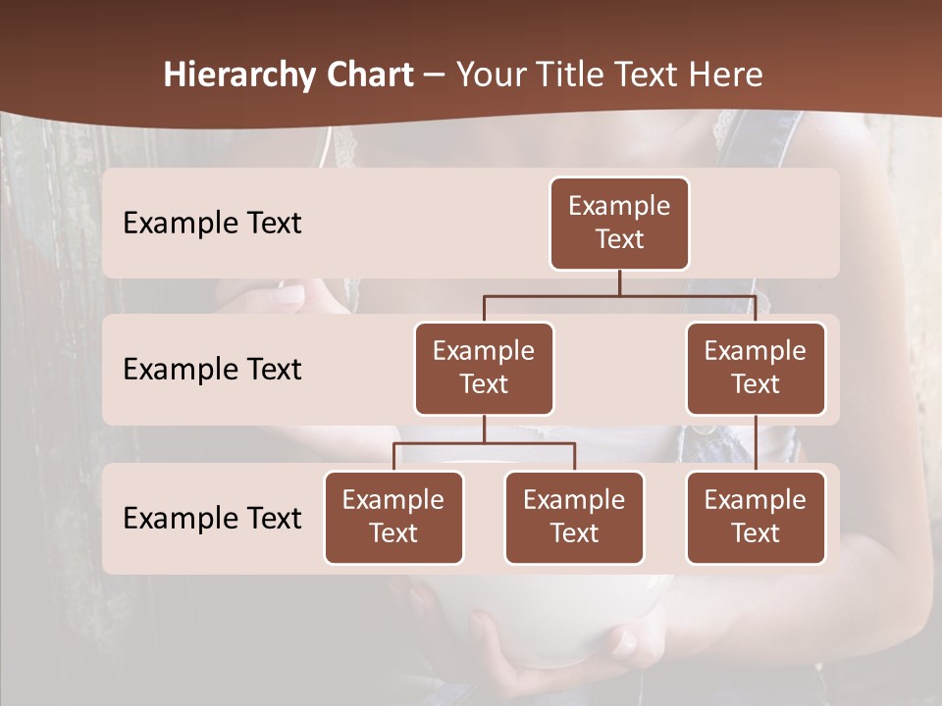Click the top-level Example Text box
pyautogui.click(x=619, y=224)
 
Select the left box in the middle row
pyautogui.click(x=484, y=368)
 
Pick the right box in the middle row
pyautogui.click(x=756, y=368)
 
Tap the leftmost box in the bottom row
pyautogui.click(x=393, y=517)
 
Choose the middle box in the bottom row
pyautogui.click(x=574, y=517)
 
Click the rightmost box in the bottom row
pyautogui.click(x=756, y=517)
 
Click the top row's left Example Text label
pyautogui.click(x=212, y=224)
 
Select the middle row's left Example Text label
pyautogui.click(x=212, y=370)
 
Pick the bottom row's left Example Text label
pyautogui.click(x=212, y=518)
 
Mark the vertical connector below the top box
pyautogui.click(x=619, y=282)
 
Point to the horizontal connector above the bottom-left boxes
pyautogui.click(x=484, y=443)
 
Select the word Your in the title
pyautogui.click(x=488, y=76)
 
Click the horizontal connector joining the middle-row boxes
pyautogui.click(x=619, y=295)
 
